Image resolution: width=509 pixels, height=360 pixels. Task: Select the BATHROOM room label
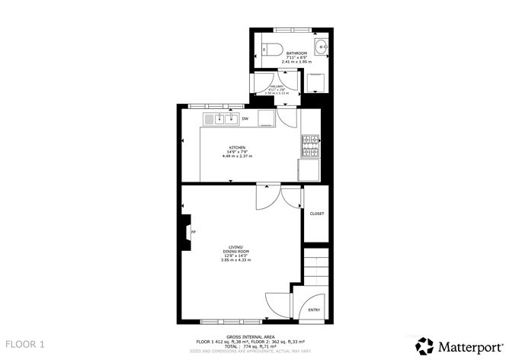(296, 53)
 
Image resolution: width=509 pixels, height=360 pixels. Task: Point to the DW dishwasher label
(245, 119)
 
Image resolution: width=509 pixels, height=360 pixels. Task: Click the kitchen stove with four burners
(311, 140)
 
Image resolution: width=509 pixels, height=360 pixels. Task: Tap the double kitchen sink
(223, 118)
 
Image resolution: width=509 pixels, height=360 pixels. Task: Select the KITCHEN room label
(237, 147)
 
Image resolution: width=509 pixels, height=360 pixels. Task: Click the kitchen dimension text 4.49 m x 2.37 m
(237, 156)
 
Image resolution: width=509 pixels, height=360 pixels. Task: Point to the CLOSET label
(317, 214)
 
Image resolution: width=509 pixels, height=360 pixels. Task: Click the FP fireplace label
(193, 232)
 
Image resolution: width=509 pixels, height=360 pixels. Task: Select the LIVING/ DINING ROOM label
(236, 249)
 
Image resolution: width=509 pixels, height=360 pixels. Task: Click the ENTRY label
(314, 310)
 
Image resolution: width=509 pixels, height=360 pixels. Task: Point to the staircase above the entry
(315, 267)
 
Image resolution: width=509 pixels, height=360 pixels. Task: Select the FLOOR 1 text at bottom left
(25, 345)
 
